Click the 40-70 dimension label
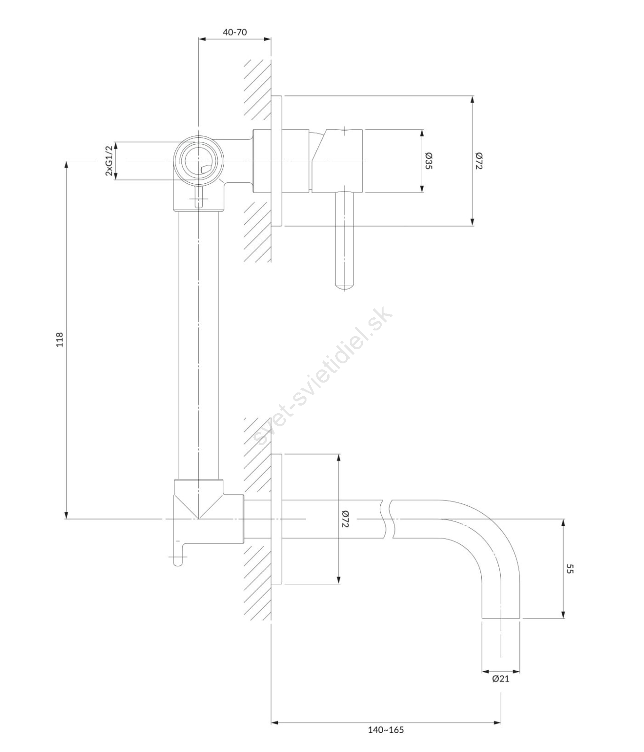[x=235, y=32]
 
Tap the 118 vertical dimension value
[x=59, y=339]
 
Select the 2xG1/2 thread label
[x=109, y=161]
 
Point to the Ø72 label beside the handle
[x=479, y=161]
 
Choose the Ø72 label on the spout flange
[x=346, y=518]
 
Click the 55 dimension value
[x=570, y=569]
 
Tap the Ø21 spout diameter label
[x=501, y=678]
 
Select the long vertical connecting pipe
[x=198, y=345]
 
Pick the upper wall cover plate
[x=277, y=161]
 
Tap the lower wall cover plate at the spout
[x=277, y=519]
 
